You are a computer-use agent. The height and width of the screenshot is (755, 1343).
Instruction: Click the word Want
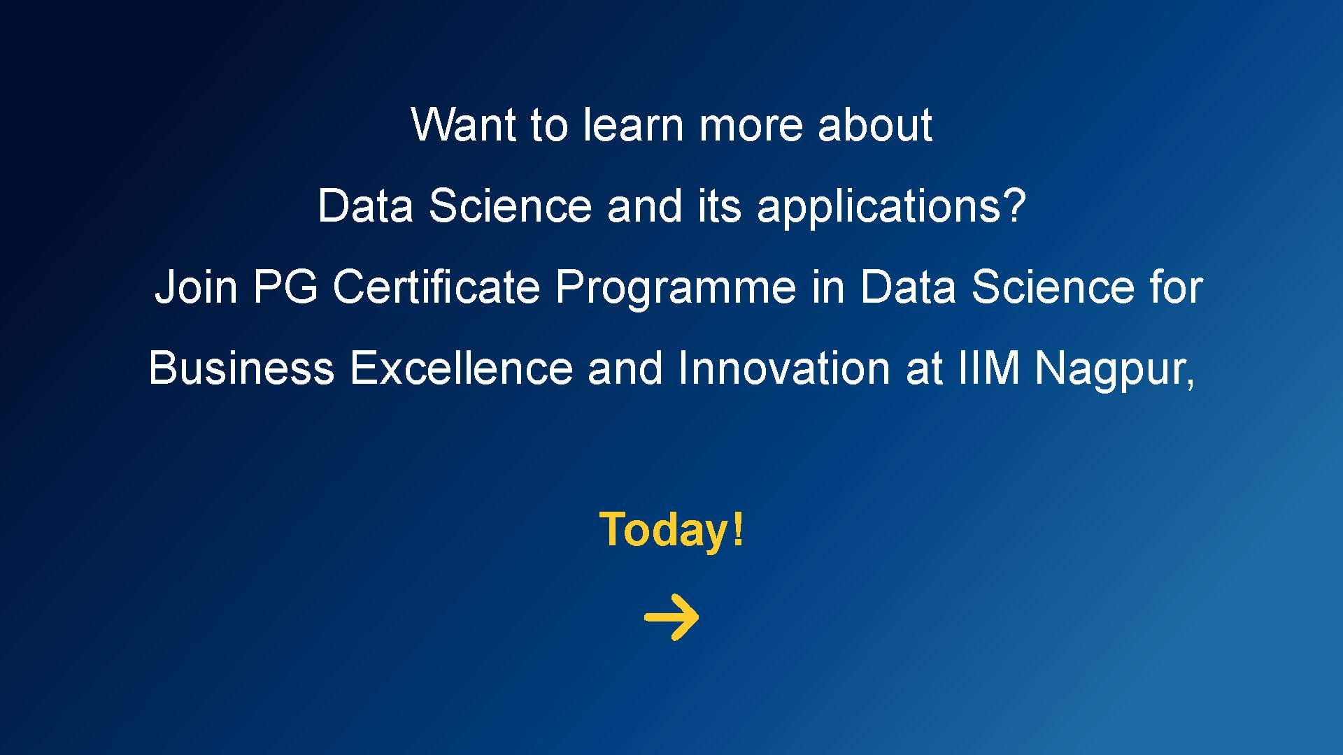click(x=462, y=125)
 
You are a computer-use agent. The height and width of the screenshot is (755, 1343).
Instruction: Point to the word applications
click(x=882, y=208)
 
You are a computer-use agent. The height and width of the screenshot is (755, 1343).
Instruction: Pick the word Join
click(x=196, y=287)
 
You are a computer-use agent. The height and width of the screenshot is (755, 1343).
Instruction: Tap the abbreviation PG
click(x=285, y=287)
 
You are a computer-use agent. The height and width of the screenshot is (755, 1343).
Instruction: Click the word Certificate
click(x=436, y=287)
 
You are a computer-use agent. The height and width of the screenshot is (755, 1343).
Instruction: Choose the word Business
click(x=241, y=368)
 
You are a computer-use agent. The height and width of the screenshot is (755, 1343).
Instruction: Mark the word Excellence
click(x=461, y=368)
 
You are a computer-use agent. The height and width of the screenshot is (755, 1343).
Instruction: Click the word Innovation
click(x=783, y=368)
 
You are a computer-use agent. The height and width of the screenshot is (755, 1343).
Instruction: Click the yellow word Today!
click(x=672, y=531)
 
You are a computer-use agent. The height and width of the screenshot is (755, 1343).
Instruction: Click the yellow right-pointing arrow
click(x=671, y=617)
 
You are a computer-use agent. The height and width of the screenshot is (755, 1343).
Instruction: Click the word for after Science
click(x=1177, y=287)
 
